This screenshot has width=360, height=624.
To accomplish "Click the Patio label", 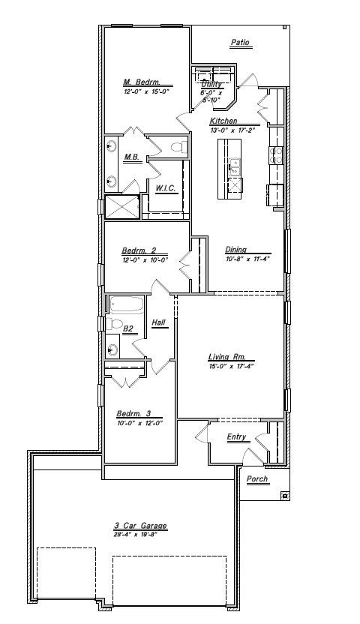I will pyautogui.click(x=240, y=43).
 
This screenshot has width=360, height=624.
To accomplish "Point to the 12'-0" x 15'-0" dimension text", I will pyautogui.click(x=147, y=91).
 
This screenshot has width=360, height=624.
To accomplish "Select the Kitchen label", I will pyautogui.click(x=223, y=121).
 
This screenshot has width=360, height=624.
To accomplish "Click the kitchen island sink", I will pyautogui.click(x=235, y=163).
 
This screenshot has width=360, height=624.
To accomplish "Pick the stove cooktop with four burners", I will pyautogui.click(x=275, y=154).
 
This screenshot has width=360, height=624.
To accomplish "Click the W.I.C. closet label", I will pyautogui.click(x=166, y=188).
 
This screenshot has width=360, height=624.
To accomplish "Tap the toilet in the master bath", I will pyautogui.click(x=177, y=148).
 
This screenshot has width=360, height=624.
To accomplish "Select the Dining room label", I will pyautogui.click(x=237, y=250).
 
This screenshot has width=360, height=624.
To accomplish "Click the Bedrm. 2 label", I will pyautogui.click(x=139, y=250).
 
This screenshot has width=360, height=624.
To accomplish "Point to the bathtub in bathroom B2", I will pyautogui.click(x=127, y=304).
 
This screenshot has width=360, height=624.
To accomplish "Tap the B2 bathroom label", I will pyautogui.click(x=128, y=328).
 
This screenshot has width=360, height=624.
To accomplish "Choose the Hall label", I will pyautogui.click(x=158, y=322).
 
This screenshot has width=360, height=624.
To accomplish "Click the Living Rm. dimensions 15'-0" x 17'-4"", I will pyautogui.click(x=232, y=367).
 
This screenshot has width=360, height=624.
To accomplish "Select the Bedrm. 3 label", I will pyautogui.click(x=133, y=413).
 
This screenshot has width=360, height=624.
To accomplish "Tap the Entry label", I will pyautogui.click(x=237, y=437).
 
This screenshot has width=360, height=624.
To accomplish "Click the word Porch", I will pyautogui.click(x=257, y=479).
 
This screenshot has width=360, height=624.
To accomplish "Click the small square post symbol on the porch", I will pyautogui.click(x=284, y=495).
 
